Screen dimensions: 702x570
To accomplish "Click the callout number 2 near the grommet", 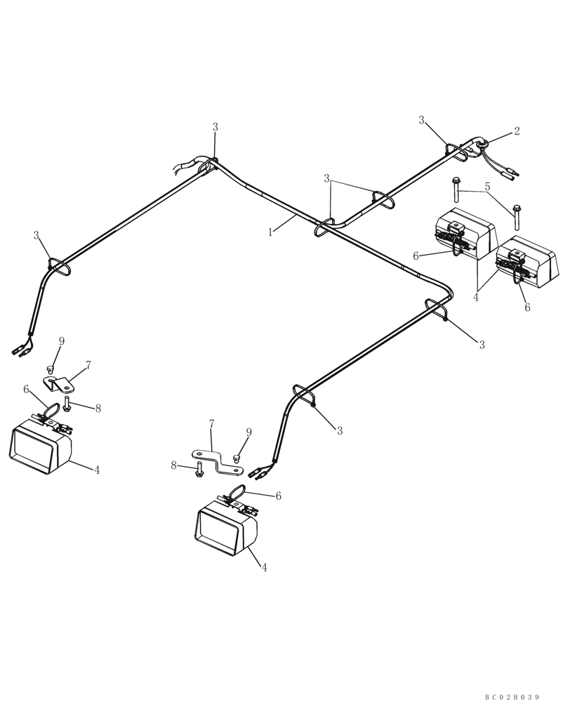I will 517,131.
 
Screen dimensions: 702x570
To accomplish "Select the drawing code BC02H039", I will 512,696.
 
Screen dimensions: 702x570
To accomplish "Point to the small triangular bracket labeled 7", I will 58,384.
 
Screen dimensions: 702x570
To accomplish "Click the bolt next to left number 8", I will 67,404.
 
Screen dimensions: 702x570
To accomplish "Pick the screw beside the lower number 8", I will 199,470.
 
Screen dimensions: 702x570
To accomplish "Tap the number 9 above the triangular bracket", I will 62,341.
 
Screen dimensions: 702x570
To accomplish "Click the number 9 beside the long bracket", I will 248,432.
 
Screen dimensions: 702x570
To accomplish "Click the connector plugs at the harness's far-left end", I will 19,347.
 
